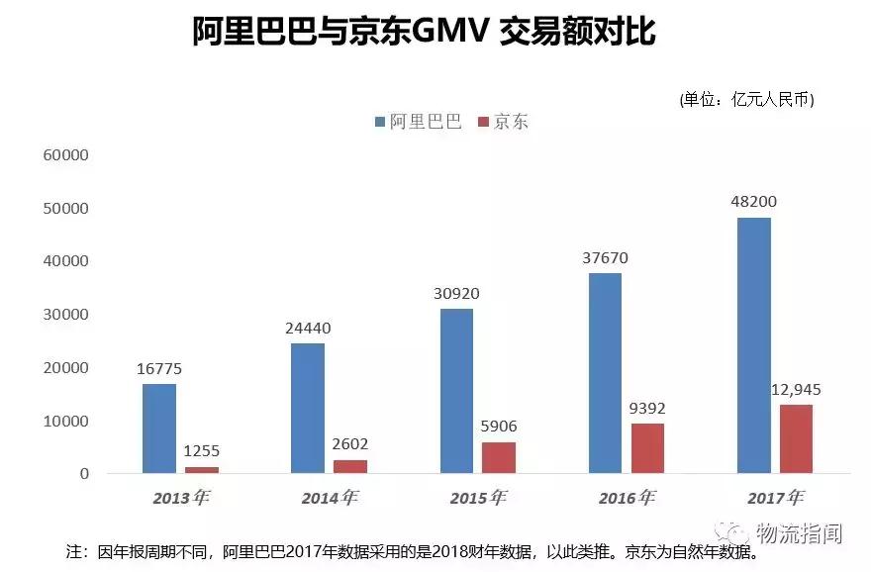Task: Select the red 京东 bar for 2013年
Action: pos(201,469)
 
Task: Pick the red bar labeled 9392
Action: pos(647,447)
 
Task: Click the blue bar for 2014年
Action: pos(308,408)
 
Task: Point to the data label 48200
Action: pos(753,202)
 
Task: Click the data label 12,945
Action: pos(797,389)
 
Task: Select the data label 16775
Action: pos(159,369)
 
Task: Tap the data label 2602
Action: pos(349,444)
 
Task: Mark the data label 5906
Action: pos(498,427)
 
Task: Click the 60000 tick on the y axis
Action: pos(66,155)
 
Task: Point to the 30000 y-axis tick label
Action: pos(66,315)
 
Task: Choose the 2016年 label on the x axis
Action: pos(627,497)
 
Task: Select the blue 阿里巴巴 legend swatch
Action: pos(380,123)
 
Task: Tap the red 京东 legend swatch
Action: pos(484,123)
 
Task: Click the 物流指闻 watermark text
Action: pos(798,533)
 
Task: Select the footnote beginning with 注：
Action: pos(412,552)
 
